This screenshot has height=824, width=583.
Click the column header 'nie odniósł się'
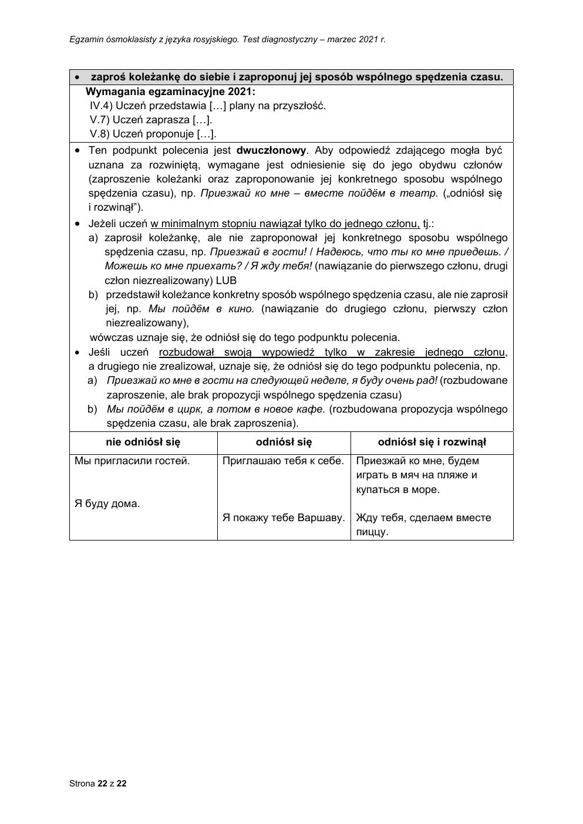tap(143, 442)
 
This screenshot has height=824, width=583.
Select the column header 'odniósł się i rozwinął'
tap(432, 442)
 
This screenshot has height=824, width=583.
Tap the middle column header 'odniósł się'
tap(284, 442)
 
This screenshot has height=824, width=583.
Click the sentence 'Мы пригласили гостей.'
tap(132, 461)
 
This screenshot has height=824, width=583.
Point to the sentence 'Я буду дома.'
tap(107, 504)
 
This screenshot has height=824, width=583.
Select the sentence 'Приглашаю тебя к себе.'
tap(283, 461)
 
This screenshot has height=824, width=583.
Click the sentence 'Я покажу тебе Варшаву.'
tap(283, 518)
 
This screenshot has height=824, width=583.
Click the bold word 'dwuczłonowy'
tap(271, 150)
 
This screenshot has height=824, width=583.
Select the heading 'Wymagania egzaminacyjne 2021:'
tap(170, 92)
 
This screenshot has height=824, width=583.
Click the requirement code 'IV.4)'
tap(100, 106)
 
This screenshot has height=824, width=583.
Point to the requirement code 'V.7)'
tap(99, 120)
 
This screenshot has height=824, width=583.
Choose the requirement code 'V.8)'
tap(99, 134)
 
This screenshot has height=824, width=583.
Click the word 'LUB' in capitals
tap(226, 280)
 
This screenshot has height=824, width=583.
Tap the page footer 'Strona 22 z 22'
tap(97, 783)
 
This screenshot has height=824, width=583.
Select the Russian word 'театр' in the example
tap(422, 193)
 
